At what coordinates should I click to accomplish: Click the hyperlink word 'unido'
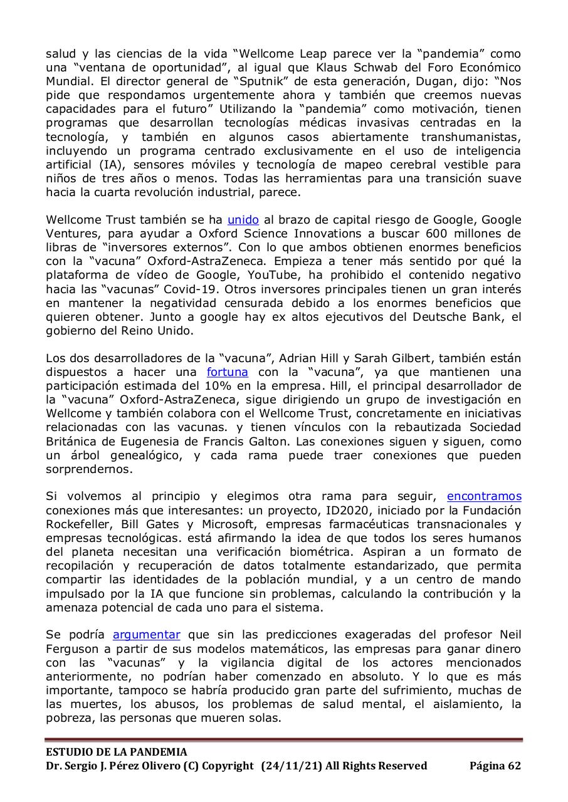pos(243,219)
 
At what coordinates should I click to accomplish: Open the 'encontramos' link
pos(483,496)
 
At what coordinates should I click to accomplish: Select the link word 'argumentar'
pos(146,634)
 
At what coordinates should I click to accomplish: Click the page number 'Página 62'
pos(495,766)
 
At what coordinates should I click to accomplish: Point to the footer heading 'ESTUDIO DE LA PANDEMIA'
pos(116,752)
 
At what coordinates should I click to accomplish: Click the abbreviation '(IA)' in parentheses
pos(97,164)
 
